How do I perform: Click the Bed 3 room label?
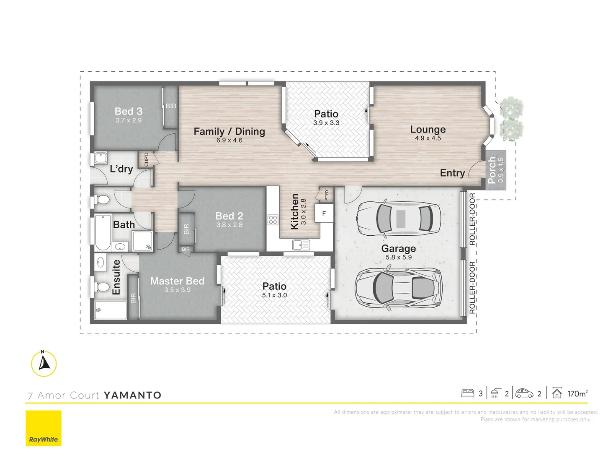point(129,112)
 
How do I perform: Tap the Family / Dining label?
point(229,132)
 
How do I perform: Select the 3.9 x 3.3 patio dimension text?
point(326,123)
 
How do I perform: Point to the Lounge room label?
point(428,130)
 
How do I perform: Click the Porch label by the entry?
point(492,170)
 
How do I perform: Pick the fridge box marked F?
point(324,213)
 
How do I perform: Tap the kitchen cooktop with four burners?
point(273,220)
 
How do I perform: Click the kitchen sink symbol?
point(301,245)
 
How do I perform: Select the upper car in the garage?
point(398,218)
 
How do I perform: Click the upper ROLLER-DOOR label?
point(472,219)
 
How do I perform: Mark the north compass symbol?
point(44,363)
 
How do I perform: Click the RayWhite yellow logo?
point(44,428)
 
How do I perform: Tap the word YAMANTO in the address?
point(132,395)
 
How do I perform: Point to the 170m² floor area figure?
point(577,393)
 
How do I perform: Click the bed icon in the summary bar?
point(467,393)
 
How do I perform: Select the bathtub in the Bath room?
point(103,232)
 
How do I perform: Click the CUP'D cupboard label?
point(146,159)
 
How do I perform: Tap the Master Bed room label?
point(177,281)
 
